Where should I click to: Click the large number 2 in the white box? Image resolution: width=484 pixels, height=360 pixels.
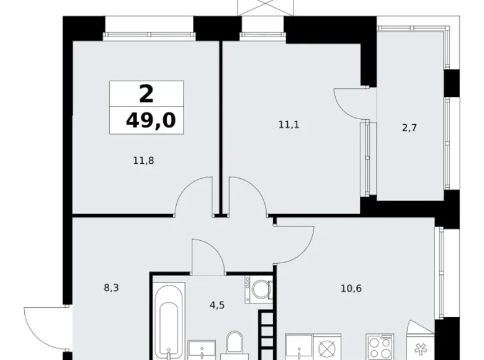[x=146, y=94]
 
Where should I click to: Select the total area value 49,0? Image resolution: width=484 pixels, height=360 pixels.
[x=150, y=120]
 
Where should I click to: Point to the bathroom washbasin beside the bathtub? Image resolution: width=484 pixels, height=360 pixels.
[x=202, y=351]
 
